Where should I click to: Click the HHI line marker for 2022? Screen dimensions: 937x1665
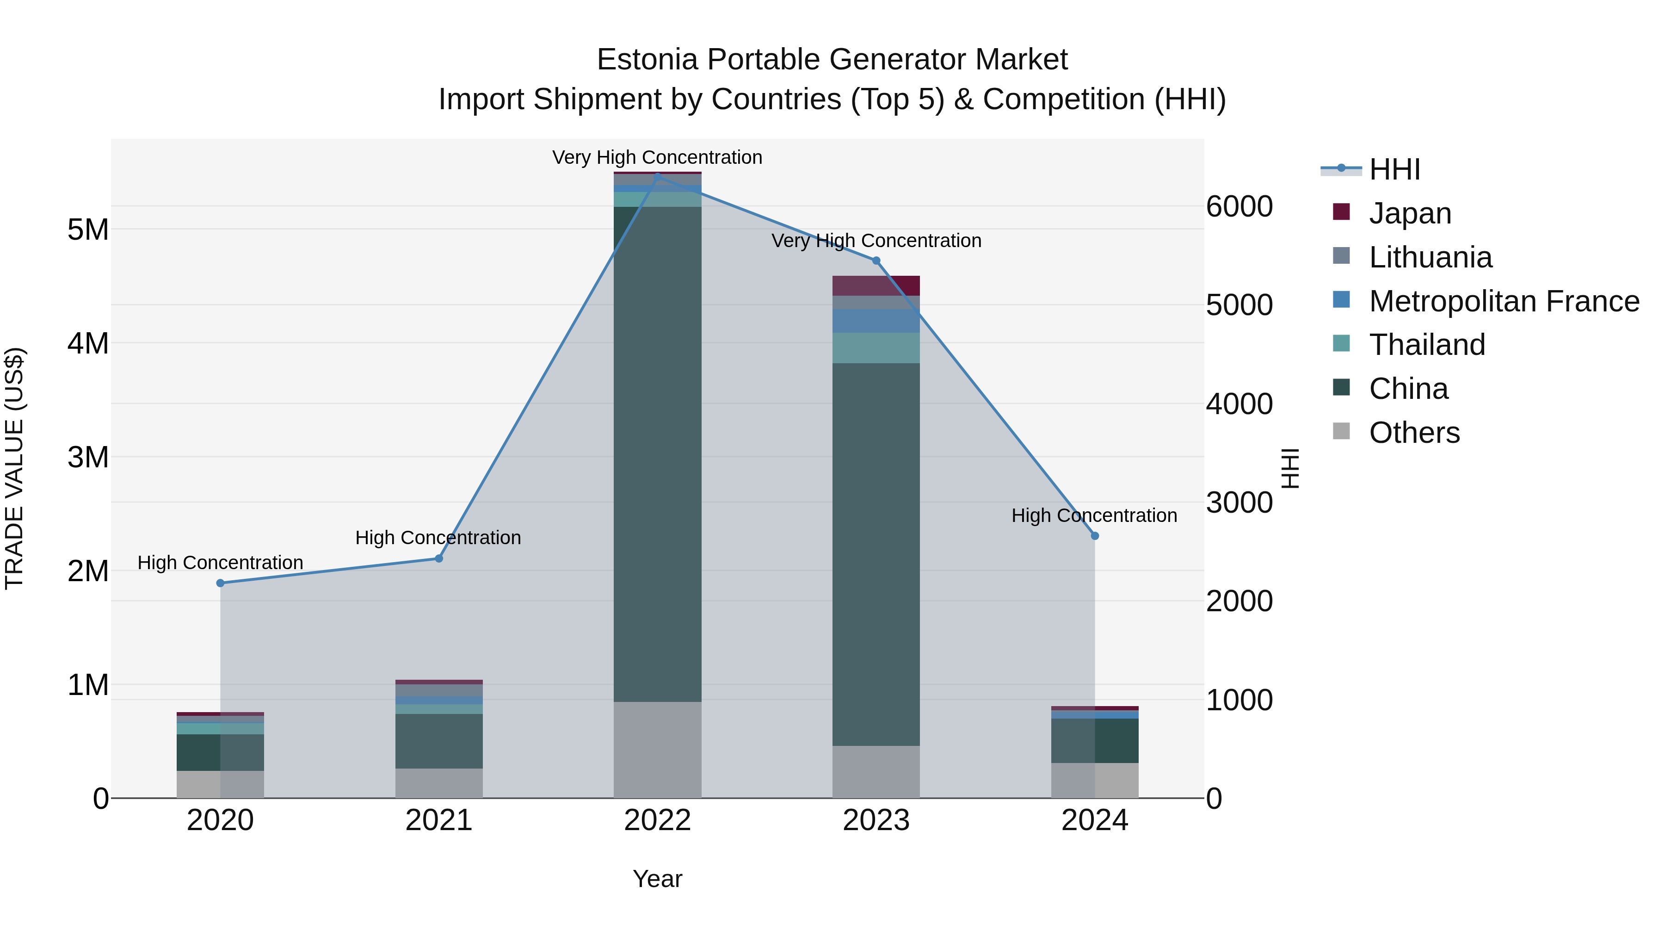[x=657, y=176]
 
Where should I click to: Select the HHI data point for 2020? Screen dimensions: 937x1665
[x=221, y=583]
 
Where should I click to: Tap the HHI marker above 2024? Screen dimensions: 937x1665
[x=1094, y=535]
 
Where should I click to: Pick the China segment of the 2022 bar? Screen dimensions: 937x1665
[x=657, y=453]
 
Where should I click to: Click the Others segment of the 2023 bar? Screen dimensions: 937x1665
[x=876, y=771]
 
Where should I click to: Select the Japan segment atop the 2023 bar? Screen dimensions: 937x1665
[x=876, y=285]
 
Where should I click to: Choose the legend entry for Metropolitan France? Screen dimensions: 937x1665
[x=1504, y=301]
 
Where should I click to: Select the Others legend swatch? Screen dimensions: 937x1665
[x=1341, y=431]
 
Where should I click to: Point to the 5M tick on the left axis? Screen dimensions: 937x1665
[x=88, y=230]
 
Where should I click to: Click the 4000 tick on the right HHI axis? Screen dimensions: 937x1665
[x=1239, y=404]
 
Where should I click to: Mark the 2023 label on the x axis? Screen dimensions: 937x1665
[x=876, y=820]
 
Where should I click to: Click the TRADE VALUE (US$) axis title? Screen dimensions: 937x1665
[x=15, y=468]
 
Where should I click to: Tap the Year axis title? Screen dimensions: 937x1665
[x=657, y=879]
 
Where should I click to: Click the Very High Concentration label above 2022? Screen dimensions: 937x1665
[x=657, y=157]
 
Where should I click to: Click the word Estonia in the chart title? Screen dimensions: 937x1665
[x=647, y=60]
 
